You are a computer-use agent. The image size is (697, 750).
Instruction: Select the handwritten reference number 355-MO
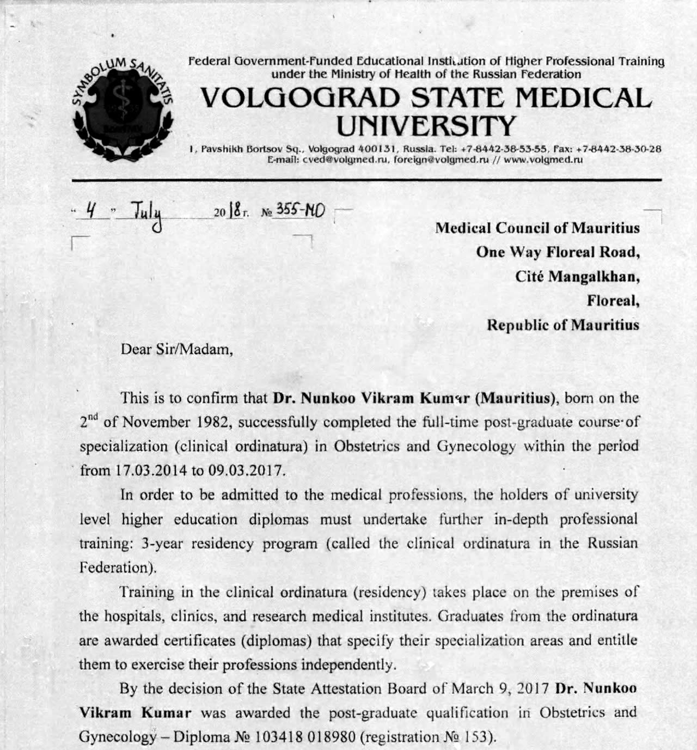[301, 210]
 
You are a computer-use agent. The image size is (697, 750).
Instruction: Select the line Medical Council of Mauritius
[537, 228]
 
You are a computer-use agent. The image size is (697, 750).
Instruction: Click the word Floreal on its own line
[613, 300]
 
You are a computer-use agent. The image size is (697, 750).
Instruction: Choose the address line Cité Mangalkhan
[577, 276]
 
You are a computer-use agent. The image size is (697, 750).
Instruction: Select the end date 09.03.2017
[246, 470]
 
